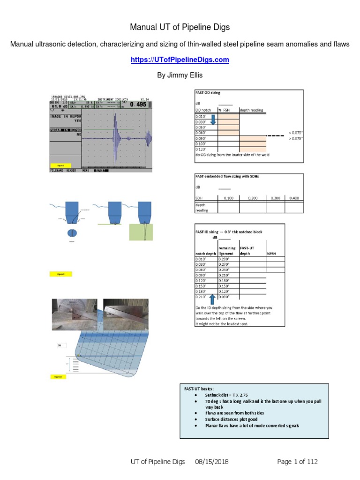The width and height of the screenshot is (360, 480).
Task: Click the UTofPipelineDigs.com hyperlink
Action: [180, 60]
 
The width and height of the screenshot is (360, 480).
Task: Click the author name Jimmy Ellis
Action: [180, 75]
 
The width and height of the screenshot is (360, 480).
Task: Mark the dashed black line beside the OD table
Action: [276, 135]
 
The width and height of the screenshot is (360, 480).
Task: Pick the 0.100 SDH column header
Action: [228, 198]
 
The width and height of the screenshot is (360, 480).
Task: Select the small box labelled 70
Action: [61, 345]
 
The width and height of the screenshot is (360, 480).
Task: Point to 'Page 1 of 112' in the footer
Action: [297, 462]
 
